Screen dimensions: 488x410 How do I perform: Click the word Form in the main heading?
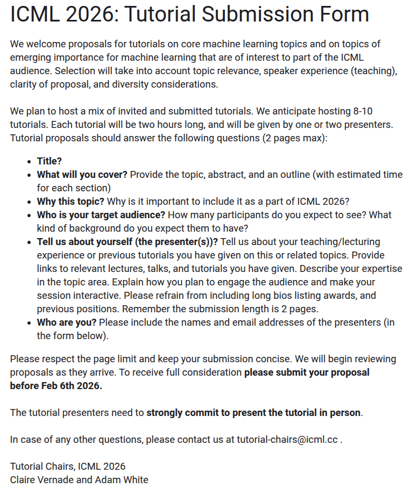[343, 15]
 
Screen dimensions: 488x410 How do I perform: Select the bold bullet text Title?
[50, 161]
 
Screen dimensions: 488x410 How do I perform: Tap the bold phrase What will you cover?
[82, 175]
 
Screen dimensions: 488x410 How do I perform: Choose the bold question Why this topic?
[70, 202]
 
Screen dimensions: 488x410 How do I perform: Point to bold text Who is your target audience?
[101, 215]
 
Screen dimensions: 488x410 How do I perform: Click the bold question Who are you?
[67, 322]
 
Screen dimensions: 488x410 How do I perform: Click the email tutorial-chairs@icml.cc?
[287, 440]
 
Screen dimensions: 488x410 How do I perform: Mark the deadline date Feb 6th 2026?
[68, 386]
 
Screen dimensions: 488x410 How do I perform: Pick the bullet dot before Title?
[29, 161]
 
